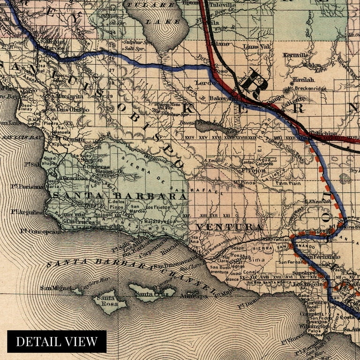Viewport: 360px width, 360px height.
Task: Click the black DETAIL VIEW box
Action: [57, 341]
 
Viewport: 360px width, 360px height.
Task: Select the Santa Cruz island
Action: [151, 292]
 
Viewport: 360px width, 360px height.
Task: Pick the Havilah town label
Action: [302, 80]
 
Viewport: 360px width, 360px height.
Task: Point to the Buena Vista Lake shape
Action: [213, 126]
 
